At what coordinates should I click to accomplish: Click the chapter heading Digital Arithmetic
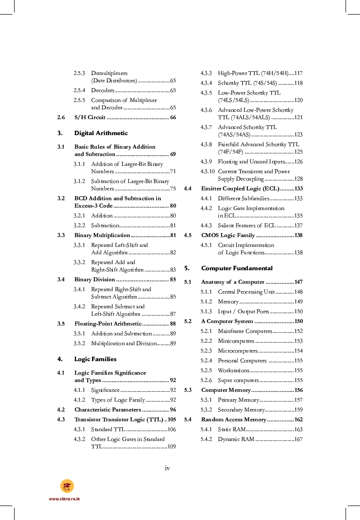pos(101,133)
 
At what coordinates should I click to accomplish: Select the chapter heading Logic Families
pos(95,359)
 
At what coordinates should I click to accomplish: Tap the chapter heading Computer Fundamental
pos(236,268)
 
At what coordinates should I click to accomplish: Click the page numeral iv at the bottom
pos(167,468)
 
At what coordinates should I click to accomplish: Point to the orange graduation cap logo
pos(67,486)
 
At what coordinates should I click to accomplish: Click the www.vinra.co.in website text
pos(64,499)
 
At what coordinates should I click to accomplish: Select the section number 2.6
pos(61,118)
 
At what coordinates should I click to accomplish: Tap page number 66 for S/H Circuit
pos(173,118)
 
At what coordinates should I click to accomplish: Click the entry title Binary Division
pos(94,280)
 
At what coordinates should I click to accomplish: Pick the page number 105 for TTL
pos(171,420)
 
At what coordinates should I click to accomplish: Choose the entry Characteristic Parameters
pos(108,410)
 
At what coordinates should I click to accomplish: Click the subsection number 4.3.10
pos(208,172)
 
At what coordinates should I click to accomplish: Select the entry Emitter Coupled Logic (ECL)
pos(240,189)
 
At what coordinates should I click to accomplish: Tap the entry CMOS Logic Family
pos(228,235)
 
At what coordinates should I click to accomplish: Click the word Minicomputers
pos(236,341)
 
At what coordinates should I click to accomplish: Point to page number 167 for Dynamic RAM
pos(298,439)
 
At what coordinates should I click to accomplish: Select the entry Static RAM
pos(232,430)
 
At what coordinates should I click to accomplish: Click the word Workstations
pos(233,371)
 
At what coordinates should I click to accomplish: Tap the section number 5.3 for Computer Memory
pos(188,390)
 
